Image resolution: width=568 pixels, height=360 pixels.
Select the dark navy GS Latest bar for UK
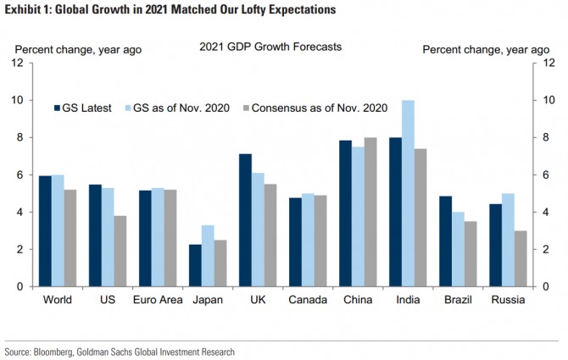pos(245,220)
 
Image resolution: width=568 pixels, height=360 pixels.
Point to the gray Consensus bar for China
pos(370,212)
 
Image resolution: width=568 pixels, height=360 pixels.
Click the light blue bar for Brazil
pos(458,249)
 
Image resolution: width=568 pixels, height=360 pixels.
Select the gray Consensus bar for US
pos(120,251)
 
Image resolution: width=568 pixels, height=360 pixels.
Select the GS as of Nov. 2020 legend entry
pos(183,108)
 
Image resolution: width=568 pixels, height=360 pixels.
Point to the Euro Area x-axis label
pos(158,300)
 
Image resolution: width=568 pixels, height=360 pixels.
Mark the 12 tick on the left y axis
pos(17,63)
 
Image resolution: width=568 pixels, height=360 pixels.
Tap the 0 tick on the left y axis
pos(19,286)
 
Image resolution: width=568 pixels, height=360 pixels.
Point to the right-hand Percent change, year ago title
pos(485,49)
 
